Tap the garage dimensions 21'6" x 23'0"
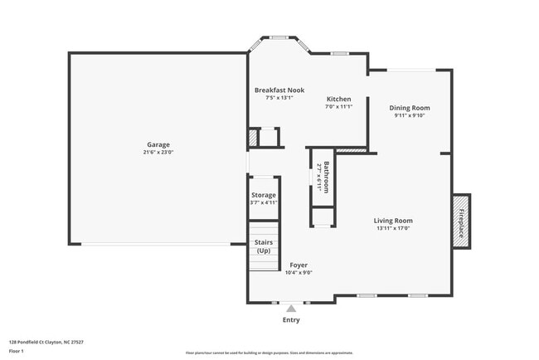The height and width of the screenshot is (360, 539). pyautogui.click(x=158, y=153)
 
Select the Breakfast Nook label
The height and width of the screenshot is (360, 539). pyautogui.click(x=279, y=90)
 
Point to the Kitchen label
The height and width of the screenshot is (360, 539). pyautogui.click(x=338, y=99)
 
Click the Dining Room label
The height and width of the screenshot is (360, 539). pyautogui.click(x=410, y=108)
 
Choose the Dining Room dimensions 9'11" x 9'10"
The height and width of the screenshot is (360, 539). pyautogui.click(x=410, y=116)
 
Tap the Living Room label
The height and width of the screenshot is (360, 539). pyautogui.click(x=393, y=221)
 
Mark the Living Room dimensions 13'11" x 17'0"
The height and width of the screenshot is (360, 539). pyautogui.click(x=393, y=228)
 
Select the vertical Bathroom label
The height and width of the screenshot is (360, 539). pyautogui.click(x=327, y=177)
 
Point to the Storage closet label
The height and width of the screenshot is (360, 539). pyautogui.click(x=264, y=195)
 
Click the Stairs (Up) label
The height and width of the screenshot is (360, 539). pyautogui.click(x=264, y=246)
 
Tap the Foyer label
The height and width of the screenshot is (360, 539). pyautogui.click(x=299, y=265)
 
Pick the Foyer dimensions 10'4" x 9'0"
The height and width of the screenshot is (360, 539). pyautogui.click(x=299, y=273)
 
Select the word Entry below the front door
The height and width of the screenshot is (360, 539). pyautogui.click(x=291, y=320)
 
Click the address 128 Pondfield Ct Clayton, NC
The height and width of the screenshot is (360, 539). pyautogui.click(x=46, y=342)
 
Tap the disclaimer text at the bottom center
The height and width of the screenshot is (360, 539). pyautogui.click(x=269, y=353)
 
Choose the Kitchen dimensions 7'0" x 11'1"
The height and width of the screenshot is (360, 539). pyautogui.click(x=338, y=106)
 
